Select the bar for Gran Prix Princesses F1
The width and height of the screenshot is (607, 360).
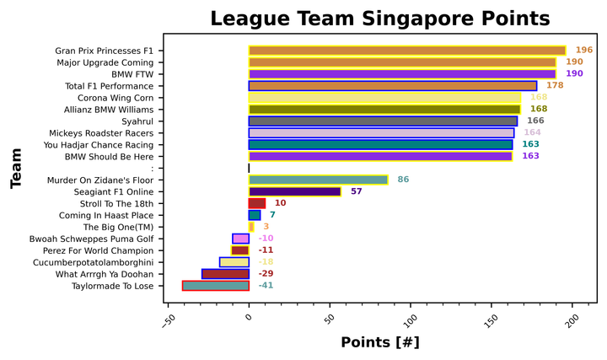coord(407,51)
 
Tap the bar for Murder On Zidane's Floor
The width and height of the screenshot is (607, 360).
coord(318,180)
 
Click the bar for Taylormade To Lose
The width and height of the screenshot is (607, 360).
coord(216,286)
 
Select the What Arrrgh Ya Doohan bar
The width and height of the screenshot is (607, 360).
coord(225,274)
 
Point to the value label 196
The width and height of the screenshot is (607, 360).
coord(584,51)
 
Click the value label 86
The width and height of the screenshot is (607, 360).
coord(403,180)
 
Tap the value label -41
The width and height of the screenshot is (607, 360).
coord(266,286)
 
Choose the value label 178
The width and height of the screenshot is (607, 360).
coord(555,86)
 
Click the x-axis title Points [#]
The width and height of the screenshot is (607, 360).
coord(379,343)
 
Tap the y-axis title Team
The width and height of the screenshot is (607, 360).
coord(15,169)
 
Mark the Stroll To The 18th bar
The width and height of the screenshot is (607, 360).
coord(257,203)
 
